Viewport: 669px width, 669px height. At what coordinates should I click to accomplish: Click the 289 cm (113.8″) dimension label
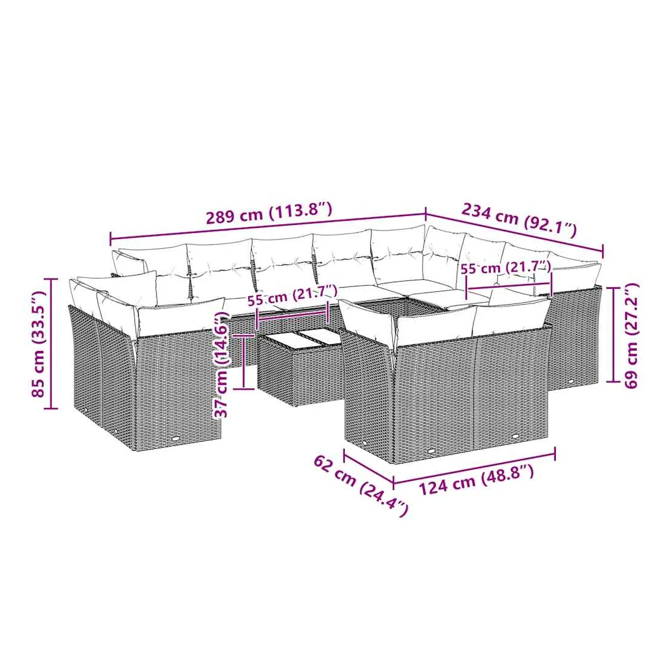click(269, 213)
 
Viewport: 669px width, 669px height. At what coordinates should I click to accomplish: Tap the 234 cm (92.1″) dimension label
click(519, 220)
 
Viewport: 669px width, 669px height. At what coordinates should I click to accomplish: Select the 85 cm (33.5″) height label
click(38, 344)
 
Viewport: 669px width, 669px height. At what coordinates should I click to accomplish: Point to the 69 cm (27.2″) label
click(631, 335)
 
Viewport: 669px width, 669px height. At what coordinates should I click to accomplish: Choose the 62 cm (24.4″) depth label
click(361, 486)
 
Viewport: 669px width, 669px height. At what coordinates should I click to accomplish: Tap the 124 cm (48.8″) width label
click(476, 480)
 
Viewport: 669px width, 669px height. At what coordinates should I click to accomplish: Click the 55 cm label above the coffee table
click(293, 294)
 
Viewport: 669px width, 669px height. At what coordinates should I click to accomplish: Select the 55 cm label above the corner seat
click(506, 268)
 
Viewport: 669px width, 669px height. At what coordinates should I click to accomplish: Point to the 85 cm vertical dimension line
click(51, 344)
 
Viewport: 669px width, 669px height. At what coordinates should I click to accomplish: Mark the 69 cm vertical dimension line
click(614, 335)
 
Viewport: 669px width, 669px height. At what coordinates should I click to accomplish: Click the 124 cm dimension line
click(474, 467)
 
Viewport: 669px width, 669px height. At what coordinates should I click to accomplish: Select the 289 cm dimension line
click(268, 225)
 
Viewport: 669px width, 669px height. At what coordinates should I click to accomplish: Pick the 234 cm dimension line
click(515, 233)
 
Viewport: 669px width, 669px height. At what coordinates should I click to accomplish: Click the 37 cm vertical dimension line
click(243, 362)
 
